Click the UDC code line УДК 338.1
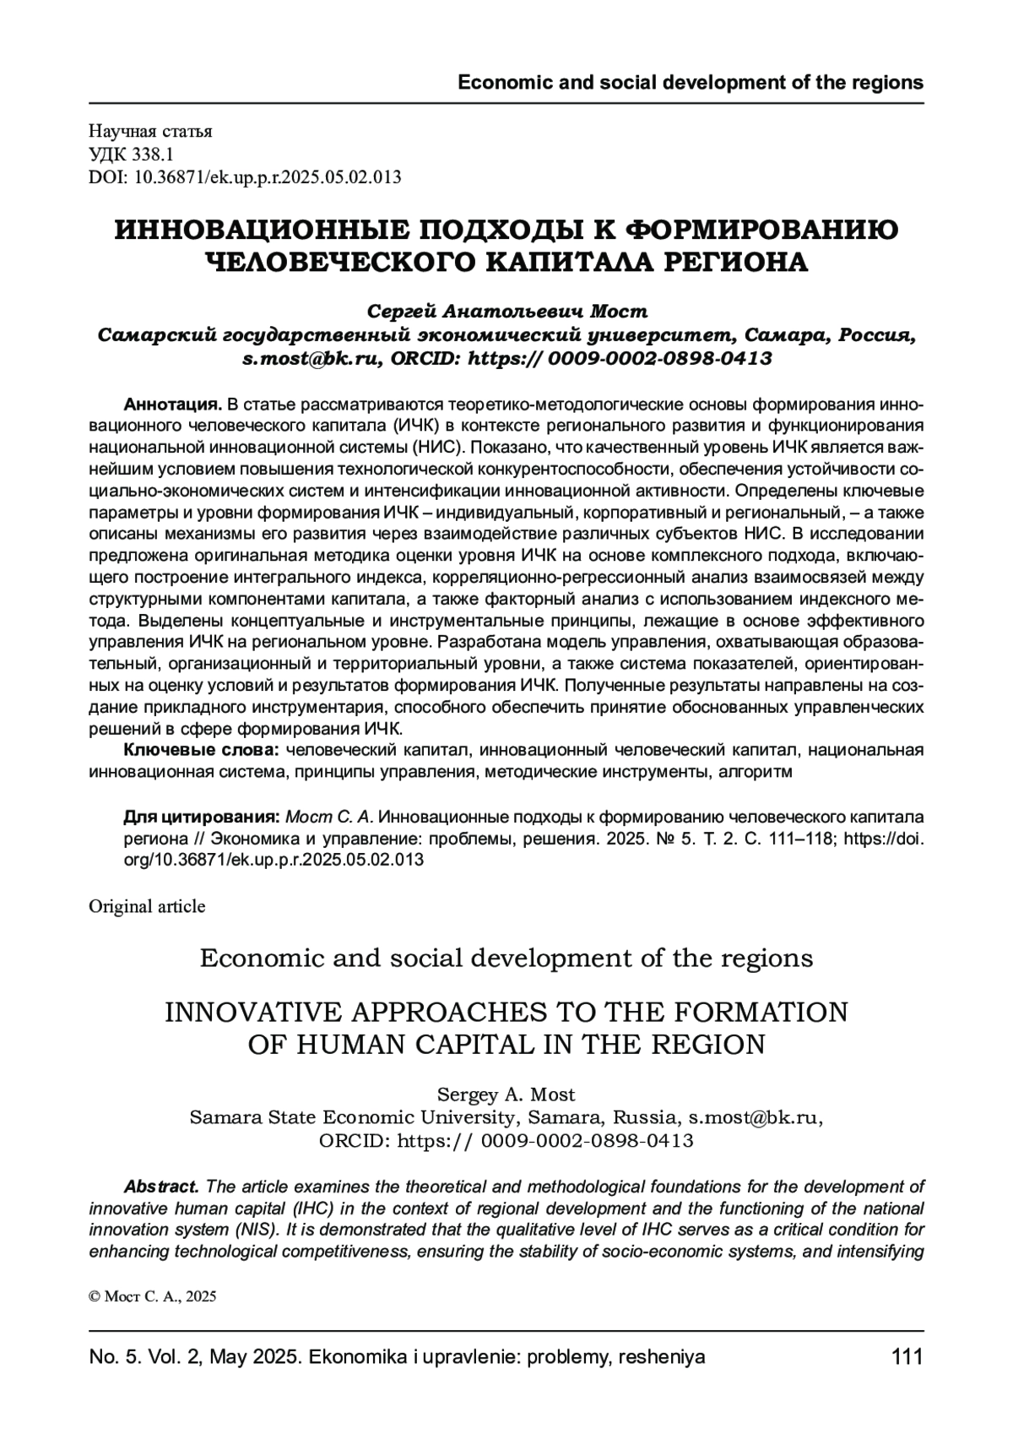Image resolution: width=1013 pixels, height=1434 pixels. [131, 154]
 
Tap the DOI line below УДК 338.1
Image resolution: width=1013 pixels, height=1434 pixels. [244, 177]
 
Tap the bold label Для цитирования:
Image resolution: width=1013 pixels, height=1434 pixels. [202, 817]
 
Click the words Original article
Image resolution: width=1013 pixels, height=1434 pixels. [147, 906]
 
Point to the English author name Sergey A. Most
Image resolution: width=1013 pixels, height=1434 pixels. [506, 1095]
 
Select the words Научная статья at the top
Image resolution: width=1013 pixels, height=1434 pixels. [150, 131]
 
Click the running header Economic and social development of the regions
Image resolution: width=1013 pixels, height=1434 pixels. [690, 83]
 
